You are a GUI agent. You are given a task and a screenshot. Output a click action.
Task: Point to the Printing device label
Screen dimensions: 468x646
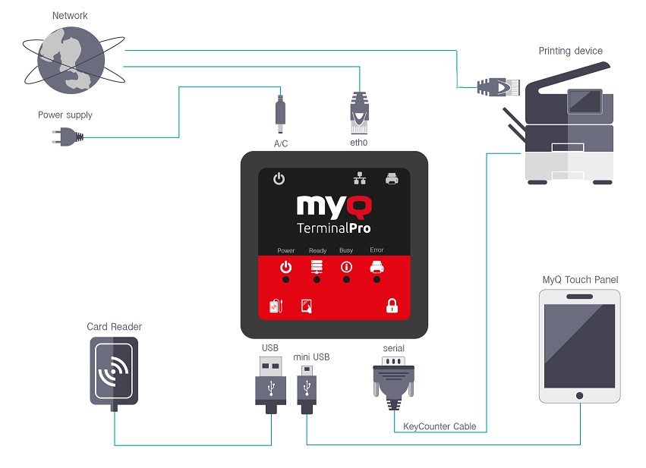[570, 51]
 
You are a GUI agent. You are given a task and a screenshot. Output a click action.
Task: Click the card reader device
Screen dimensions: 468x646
[114, 372]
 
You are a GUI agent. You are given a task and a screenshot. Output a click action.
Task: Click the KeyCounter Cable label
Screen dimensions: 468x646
[440, 426]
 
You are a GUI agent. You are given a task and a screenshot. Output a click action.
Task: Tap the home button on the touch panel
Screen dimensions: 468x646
[579, 395]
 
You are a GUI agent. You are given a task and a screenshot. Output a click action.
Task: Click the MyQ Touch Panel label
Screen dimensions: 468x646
[580, 280]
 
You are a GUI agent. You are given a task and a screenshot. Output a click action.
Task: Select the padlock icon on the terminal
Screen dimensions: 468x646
[392, 306]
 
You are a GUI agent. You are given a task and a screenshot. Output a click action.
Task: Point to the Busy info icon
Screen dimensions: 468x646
[346, 267]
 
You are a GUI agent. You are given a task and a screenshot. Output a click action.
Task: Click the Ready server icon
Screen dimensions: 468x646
[317, 267]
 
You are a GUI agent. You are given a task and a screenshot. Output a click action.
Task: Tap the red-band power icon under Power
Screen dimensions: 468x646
[285, 267]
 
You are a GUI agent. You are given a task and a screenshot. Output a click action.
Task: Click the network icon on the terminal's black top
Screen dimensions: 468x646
[359, 179]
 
